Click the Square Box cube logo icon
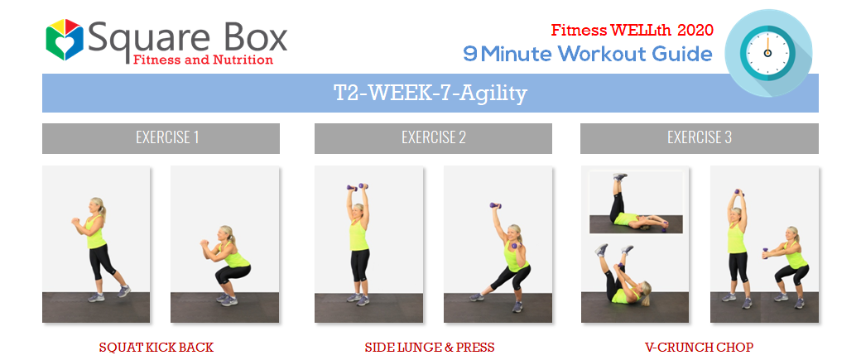pos(65,40)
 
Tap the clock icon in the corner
pos(767,53)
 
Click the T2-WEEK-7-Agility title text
pos(430,94)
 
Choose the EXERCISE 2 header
pos(433,137)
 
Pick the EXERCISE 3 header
pos(700,137)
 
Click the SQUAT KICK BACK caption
pos(156,348)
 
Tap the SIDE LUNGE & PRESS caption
pos(430,348)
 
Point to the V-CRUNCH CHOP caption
pos(699,348)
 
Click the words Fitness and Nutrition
pos(203,59)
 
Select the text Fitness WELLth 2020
pos(632,30)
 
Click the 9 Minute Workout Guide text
pos(588,54)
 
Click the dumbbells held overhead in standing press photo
pos(357,187)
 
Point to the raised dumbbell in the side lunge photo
pos(495,206)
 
